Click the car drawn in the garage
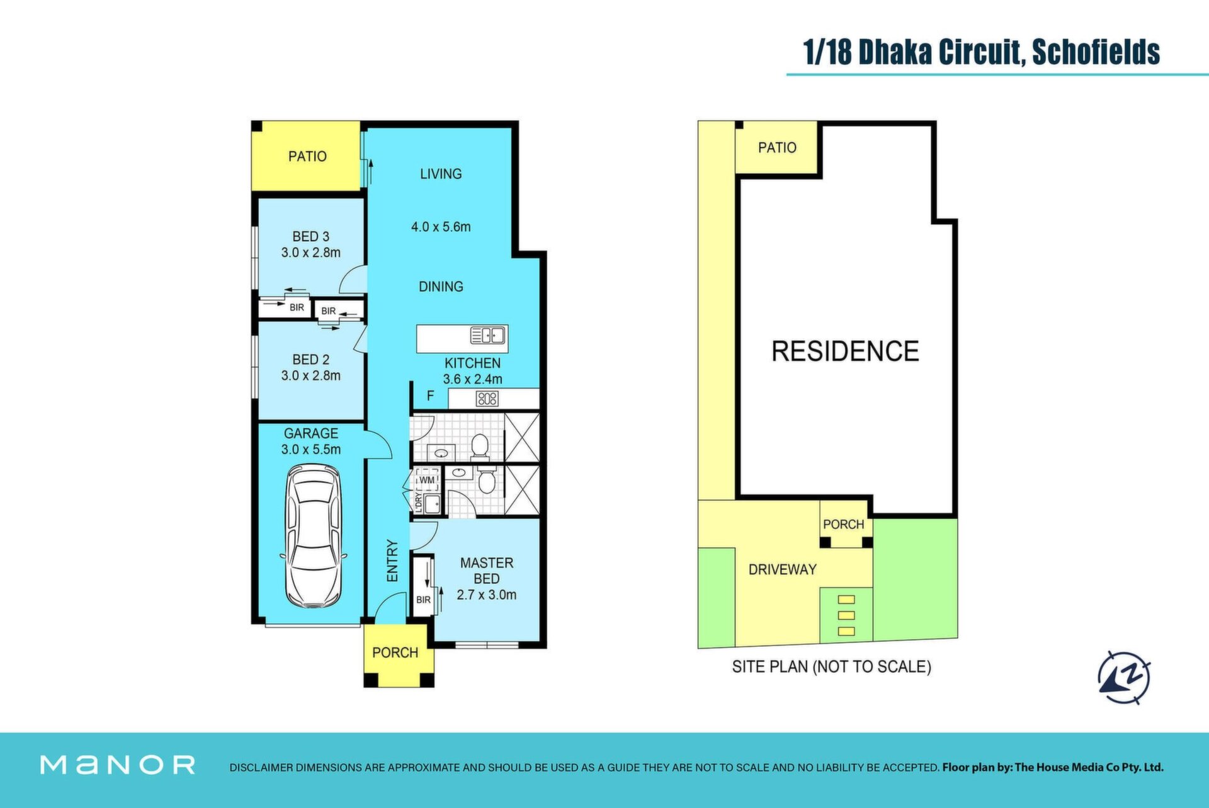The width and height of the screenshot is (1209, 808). [314, 536]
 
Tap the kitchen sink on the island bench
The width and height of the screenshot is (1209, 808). [488, 336]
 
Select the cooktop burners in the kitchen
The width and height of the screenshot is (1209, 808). [487, 398]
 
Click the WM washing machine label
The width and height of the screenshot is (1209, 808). [427, 480]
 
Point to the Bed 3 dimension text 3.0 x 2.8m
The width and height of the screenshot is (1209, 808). [311, 253]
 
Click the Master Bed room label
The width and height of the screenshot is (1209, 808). [487, 571]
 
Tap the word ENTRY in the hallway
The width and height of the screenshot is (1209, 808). [392, 560]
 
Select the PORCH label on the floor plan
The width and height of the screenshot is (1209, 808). [395, 652]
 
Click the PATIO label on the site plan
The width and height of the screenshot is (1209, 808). [777, 147]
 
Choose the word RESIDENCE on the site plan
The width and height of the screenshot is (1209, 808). [845, 351]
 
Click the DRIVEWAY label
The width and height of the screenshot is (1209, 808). [782, 569]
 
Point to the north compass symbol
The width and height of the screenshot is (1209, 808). [1124, 678]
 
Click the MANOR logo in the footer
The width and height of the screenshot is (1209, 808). [118, 765]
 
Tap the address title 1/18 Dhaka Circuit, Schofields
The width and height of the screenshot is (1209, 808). [982, 52]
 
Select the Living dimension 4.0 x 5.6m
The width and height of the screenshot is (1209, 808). [441, 227]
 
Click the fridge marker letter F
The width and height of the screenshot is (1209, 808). [431, 396]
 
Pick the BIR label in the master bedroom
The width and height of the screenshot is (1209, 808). [423, 600]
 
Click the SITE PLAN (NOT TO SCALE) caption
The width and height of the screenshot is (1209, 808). [831, 666]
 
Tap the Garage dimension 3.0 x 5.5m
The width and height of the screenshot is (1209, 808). [311, 450]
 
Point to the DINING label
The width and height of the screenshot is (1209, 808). [441, 287]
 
